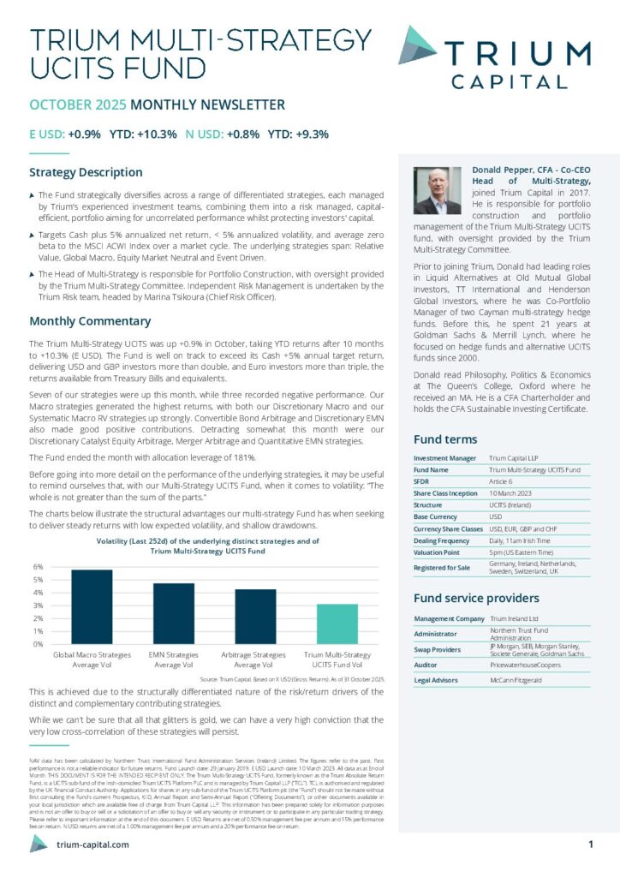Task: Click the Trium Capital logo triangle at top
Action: click(x=417, y=45)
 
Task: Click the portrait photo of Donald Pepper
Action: click(x=438, y=191)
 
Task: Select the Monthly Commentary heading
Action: click(x=90, y=321)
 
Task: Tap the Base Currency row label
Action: click(x=436, y=517)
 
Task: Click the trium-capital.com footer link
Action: click(x=92, y=844)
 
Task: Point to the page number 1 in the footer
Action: click(x=591, y=844)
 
